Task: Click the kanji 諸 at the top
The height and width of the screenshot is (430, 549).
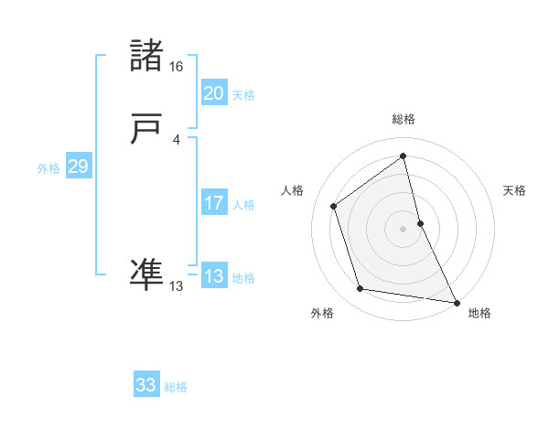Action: click(146, 57)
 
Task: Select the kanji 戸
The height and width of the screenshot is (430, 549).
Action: click(146, 131)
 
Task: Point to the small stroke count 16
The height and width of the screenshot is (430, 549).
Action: click(177, 67)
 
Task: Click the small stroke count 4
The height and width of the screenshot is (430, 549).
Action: click(177, 139)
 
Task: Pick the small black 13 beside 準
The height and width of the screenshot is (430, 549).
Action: click(177, 286)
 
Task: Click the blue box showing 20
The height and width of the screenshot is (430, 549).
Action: click(213, 92)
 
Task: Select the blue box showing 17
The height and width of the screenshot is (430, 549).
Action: click(213, 203)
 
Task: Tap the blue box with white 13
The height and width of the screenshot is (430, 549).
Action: click(213, 276)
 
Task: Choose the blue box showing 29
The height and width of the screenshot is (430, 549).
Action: click(78, 167)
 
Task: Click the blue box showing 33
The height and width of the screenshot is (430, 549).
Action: click(145, 385)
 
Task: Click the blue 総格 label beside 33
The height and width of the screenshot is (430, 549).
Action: click(176, 387)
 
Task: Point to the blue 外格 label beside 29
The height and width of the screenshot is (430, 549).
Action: click(48, 168)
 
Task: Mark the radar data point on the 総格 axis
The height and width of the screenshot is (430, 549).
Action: click(403, 156)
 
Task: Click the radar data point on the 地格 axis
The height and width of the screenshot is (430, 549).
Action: click(456, 301)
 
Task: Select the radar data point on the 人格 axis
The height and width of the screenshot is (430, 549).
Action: click(334, 206)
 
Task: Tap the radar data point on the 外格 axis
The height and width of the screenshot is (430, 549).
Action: click(361, 289)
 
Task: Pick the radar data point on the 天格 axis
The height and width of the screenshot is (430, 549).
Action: click(420, 222)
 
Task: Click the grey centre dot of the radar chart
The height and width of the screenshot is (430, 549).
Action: click(403, 228)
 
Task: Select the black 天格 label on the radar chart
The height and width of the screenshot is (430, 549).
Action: click(514, 190)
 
